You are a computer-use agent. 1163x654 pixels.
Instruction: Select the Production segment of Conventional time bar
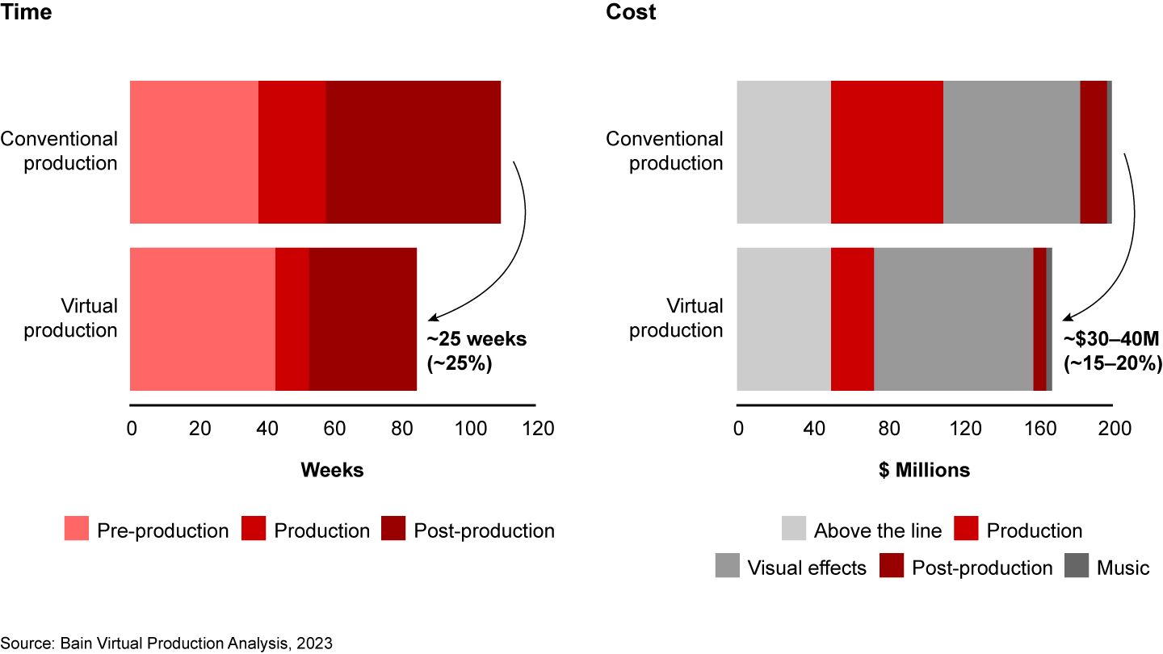click(x=292, y=152)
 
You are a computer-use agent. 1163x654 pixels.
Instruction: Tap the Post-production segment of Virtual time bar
click(x=363, y=319)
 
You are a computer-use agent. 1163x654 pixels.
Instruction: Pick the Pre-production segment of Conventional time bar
click(x=194, y=152)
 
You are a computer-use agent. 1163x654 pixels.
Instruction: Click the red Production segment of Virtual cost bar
click(x=852, y=319)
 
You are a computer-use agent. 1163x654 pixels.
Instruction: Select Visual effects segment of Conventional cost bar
click(x=1011, y=152)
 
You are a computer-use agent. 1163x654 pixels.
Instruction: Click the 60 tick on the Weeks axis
click(x=334, y=428)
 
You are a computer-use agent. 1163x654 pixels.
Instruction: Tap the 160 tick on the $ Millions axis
click(x=1038, y=428)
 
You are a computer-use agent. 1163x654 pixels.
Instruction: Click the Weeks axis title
click(x=332, y=470)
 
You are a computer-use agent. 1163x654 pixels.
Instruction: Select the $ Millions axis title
click(x=924, y=470)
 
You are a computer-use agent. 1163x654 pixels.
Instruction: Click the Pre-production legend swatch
click(x=77, y=530)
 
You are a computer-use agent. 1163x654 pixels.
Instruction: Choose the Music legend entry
click(x=1122, y=568)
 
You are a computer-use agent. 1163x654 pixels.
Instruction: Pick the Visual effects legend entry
click(x=806, y=568)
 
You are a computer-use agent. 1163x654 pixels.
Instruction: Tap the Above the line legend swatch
click(x=793, y=530)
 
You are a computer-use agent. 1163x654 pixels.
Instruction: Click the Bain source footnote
click(x=166, y=644)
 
